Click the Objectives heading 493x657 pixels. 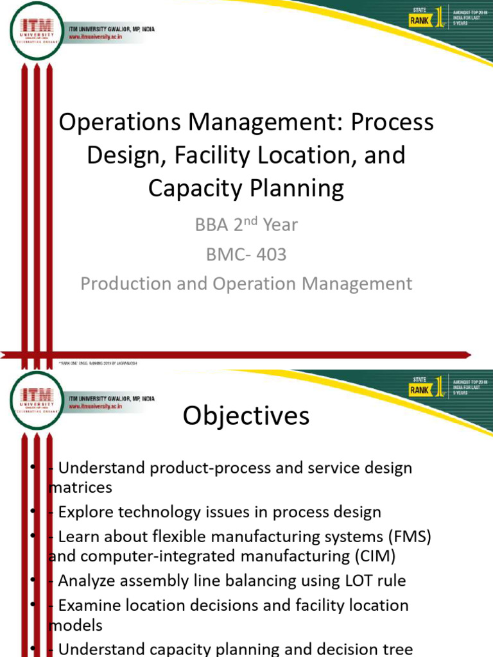tap(246, 416)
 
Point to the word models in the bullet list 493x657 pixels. tap(76, 624)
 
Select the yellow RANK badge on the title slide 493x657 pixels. tap(420, 21)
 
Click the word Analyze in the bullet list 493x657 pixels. tap(86, 581)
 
